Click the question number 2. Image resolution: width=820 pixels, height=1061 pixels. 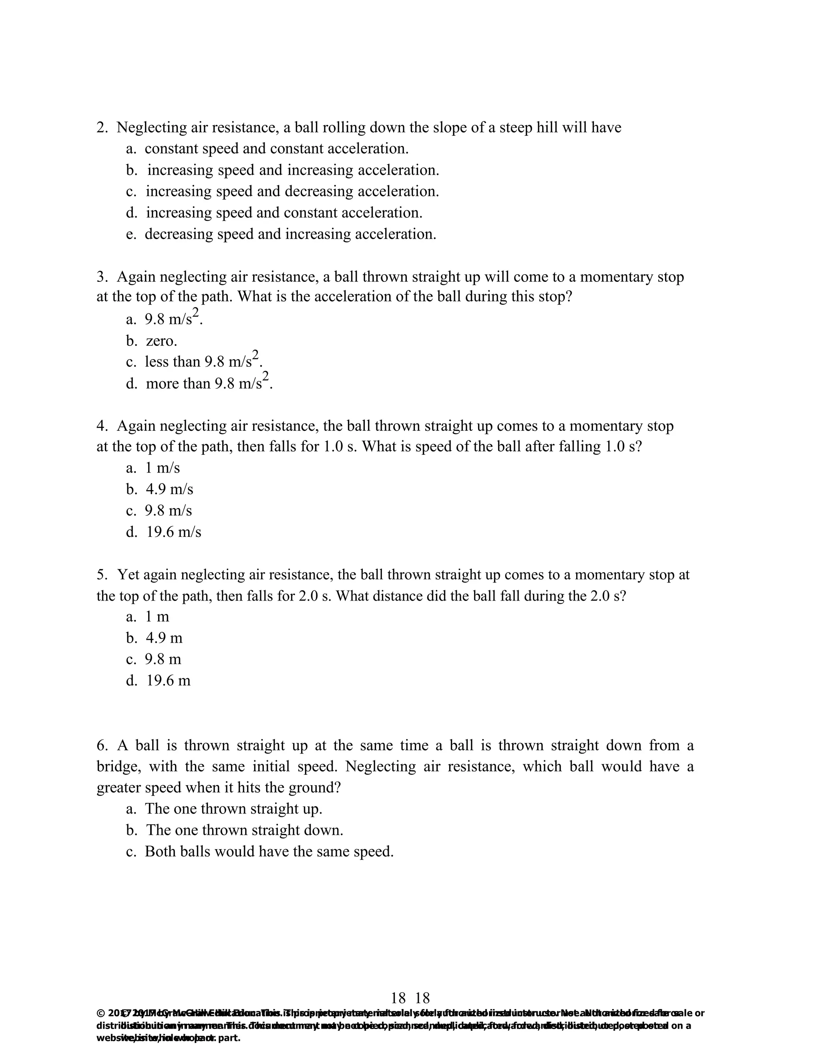click(x=102, y=128)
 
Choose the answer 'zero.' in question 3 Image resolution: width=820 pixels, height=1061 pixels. click(x=161, y=341)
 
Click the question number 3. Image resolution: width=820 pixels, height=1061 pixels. click(x=102, y=277)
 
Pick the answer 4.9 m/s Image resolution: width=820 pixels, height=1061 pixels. click(x=169, y=489)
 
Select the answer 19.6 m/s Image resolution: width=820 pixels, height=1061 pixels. click(x=173, y=532)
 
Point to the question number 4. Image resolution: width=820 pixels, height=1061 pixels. click(x=102, y=426)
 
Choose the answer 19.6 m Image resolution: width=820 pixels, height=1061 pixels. click(x=168, y=681)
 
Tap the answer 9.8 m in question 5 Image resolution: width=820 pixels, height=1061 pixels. click(x=163, y=659)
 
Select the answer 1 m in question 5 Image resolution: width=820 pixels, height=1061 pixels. click(x=157, y=617)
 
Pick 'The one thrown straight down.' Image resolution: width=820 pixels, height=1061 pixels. click(x=244, y=830)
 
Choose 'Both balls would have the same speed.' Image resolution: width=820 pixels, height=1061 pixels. click(x=269, y=852)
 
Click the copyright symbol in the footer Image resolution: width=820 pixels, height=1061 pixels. click(x=100, y=1013)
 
